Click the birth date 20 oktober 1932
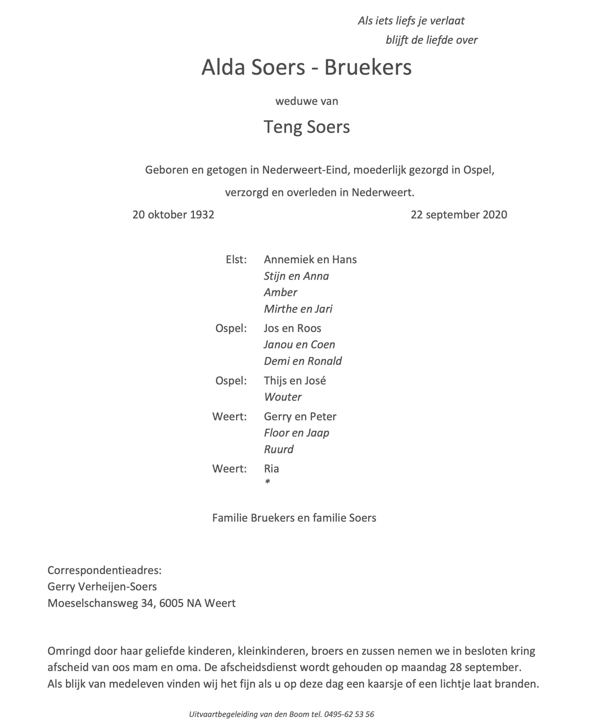(173, 215)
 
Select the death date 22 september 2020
(458, 215)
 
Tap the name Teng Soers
(307, 127)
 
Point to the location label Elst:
(236, 259)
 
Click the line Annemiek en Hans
(310, 259)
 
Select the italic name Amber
(280, 292)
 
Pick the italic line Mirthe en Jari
(298, 309)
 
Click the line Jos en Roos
(292, 328)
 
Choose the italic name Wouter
(283, 397)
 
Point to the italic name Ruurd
(279, 449)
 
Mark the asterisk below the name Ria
(267, 482)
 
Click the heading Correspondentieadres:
(104, 570)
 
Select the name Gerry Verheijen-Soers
(102, 586)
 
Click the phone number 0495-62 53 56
(349, 714)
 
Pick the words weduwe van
(307, 101)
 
